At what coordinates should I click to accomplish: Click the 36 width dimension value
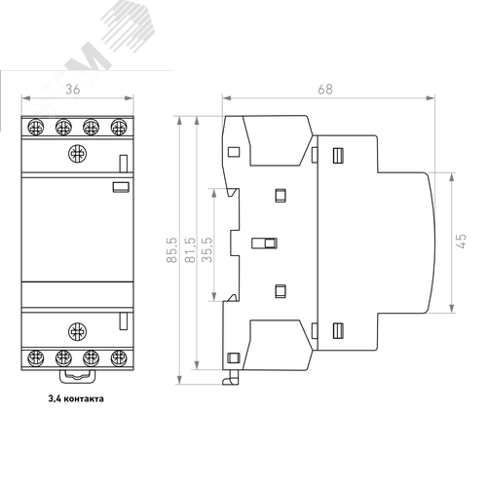pyautogui.click(x=72, y=90)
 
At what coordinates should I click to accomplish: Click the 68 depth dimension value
pyautogui.click(x=325, y=90)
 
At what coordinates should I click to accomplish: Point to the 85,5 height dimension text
pyautogui.click(x=172, y=250)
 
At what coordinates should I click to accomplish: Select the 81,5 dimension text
pyautogui.click(x=190, y=250)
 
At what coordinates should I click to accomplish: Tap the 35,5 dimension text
pyautogui.click(x=207, y=250)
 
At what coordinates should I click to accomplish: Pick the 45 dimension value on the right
pyautogui.click(x=461, y=242)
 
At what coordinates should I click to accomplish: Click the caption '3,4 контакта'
pyautogui.click(x=76, y=398)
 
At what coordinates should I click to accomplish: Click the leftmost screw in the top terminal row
pyautogui.click(x=36, y=128)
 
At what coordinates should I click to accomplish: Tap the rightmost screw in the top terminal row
pyautogui.click(x=119, y=128)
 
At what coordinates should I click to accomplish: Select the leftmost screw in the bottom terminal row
pyautogui.click(x=36, y=357)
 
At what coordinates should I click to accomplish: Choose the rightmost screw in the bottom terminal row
pyautogui.click(x=119, y=357)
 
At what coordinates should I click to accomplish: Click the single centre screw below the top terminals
pyautogui.click(x=78, y=154)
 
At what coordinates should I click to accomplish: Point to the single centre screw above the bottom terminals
pyautogui.click(x=78, y=331)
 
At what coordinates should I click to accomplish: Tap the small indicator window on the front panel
pyautogui.click(x=121, y=187)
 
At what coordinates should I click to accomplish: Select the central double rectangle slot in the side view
pyautogui.click(x=264, y=243)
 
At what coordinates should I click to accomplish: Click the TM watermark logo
pyautogui.click(x=97, y=49)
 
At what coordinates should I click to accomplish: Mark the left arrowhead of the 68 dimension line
pyautogui.click(x=226, y=98)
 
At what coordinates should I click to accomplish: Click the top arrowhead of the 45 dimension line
pyautogui.click(x=452, y=177)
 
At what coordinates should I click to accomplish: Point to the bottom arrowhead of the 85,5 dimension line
pyautogui.click(x=179, y=380)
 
